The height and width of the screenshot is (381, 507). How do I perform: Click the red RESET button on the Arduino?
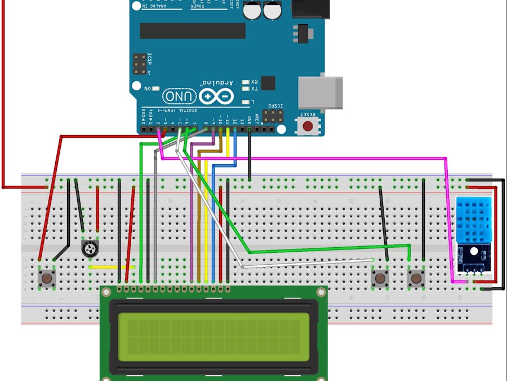tap(308, 125)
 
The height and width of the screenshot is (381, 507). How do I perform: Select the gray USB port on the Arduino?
tap(320, 91)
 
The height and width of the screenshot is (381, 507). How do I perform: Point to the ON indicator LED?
tap(155, 89)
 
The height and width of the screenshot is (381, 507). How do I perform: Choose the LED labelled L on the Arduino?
tap(246, 102)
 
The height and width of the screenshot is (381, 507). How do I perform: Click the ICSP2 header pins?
tap(273, 117)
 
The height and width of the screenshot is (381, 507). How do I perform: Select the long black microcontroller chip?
tap(192, 31)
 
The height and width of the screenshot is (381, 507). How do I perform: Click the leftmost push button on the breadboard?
tap(47, 278)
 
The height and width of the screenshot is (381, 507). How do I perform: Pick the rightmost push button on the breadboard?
tap(416, 278)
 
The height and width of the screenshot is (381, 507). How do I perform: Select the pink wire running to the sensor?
tap(304, 159)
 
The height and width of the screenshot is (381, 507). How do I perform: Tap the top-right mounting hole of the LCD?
tap(321, 292)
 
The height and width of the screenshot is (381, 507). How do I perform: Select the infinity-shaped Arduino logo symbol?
tap(216, 97)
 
